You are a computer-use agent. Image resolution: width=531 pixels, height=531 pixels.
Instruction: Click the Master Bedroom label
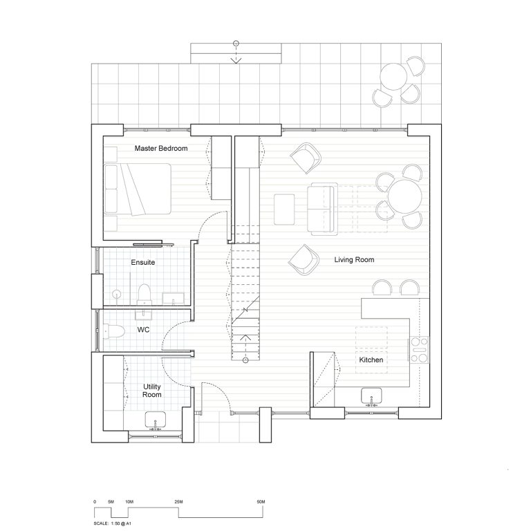pyautogui.click(x=161, y=149)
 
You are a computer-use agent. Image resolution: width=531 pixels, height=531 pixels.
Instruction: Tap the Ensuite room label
pyautogui.click(x=142, y=263)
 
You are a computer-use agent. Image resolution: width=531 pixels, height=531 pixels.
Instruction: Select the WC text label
pyautogui.click(x=143, y=330)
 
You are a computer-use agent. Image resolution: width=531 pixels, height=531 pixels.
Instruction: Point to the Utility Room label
pyautogui.click(x=152, y=390)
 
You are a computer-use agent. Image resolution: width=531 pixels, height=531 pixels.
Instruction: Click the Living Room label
pyautogui.click(x=354, y=260)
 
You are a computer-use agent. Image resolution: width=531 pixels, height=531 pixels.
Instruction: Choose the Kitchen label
pyautogui.click(x=371, y=360)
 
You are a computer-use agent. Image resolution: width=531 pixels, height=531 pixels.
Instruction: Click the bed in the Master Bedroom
pyautogui.click(x=138, y=189)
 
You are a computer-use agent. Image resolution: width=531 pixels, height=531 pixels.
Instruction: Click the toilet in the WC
pyautogui.click(x=114, y=330)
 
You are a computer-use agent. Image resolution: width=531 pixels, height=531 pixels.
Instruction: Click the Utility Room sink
pyautogui.click(x=154, y=419)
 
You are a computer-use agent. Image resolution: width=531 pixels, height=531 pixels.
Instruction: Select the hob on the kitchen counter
pyautogui.click(x=419, y=350)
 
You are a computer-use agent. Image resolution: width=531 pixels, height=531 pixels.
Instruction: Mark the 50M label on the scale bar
pyautogui.click(x=261, y=500)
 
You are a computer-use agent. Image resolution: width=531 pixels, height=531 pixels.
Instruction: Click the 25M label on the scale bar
pyautogui.click(x=178, y=500)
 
